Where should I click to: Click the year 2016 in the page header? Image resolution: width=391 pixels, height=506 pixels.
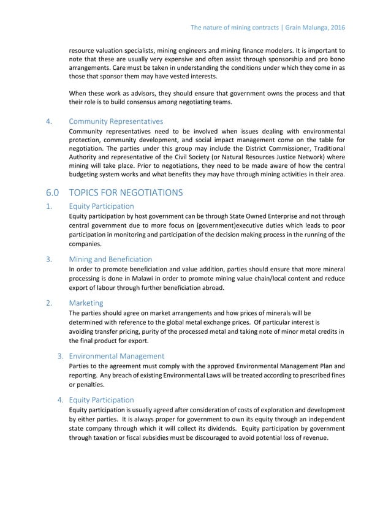336,28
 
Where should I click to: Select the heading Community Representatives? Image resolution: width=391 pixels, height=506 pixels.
116,121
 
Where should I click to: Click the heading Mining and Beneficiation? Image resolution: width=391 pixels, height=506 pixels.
110,259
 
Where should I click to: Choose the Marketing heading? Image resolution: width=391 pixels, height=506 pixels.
86,303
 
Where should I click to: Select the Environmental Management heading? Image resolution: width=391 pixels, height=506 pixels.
116,355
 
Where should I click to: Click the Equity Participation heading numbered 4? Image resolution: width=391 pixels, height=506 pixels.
101,399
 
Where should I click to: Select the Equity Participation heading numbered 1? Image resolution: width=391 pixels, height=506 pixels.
101,206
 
